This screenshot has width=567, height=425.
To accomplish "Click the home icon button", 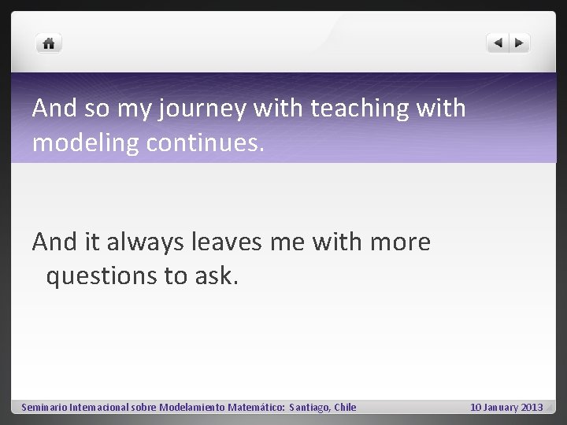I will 49,44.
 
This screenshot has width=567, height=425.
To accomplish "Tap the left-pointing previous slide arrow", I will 498,44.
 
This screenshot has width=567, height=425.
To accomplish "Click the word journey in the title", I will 203,109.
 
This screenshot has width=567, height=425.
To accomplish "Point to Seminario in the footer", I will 44,407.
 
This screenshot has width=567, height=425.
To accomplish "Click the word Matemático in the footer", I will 257,407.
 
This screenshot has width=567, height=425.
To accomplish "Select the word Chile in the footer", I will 345,407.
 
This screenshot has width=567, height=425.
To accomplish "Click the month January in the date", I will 501,407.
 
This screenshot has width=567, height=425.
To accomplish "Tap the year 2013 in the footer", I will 532,407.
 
